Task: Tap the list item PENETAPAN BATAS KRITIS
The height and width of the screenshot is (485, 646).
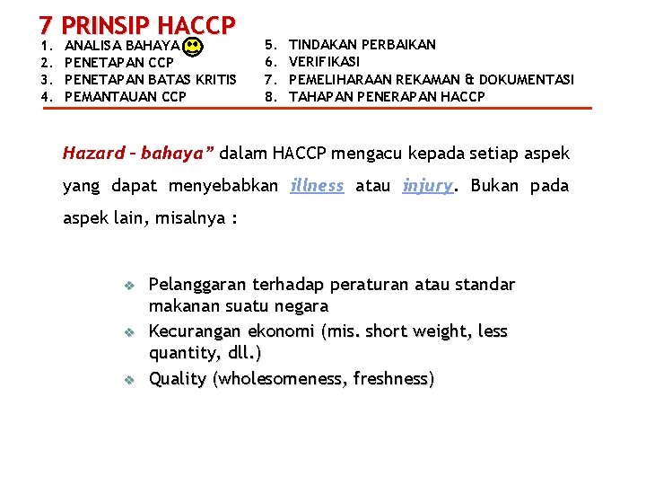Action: coord(152,79)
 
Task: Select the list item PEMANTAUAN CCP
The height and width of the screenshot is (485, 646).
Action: coord(127,96)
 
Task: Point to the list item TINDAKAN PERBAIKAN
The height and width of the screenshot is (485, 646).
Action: coord(362,44)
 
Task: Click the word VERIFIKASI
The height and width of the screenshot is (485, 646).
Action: coord(324,62)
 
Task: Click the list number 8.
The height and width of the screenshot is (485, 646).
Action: coord(271,96)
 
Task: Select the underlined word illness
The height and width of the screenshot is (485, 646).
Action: coord(318,186)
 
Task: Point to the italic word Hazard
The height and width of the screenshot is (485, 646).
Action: coord(94,153)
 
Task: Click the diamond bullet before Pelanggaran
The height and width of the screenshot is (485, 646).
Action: coord(128,286)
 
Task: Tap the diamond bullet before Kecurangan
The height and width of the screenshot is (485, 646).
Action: coord(128,332)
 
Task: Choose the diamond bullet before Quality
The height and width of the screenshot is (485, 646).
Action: coord(128,380)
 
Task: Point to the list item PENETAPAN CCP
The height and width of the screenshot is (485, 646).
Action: coord(120,62)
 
